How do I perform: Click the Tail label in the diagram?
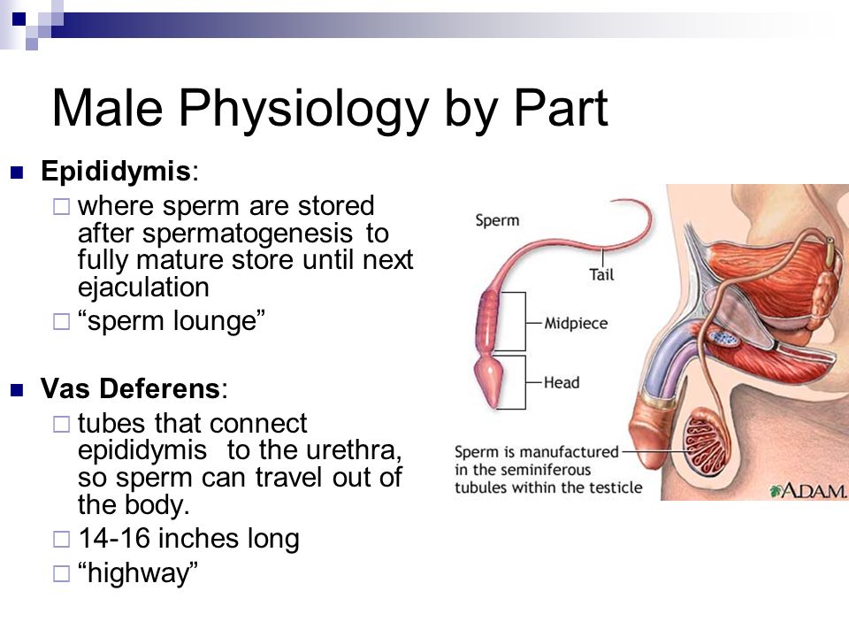coord(601,275)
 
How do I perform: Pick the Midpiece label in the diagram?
coord(576,324)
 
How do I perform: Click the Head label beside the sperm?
coord(562,383)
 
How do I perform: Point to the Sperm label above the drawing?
coord(497,220)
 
